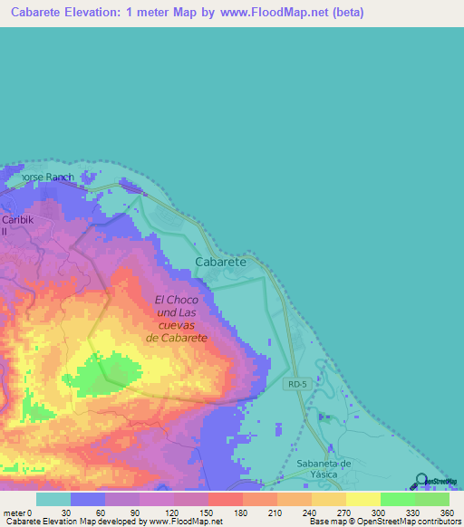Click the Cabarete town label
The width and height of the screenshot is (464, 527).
tap(220, 261)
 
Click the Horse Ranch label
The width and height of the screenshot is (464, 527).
tap(41, 177)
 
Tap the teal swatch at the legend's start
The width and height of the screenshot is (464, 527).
tap(53, 500)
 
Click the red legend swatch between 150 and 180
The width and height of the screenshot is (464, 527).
tap(225, 500)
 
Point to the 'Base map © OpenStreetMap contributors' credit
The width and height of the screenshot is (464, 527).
tap(383, 522)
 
